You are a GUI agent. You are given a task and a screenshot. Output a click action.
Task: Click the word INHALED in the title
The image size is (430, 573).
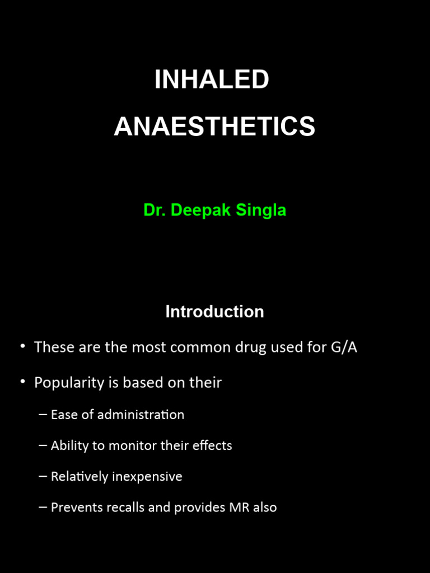(212, 80)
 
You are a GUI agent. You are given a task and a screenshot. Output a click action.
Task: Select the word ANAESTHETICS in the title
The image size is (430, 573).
(214, 126)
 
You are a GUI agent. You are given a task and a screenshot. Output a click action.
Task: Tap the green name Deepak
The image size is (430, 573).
(196, 210)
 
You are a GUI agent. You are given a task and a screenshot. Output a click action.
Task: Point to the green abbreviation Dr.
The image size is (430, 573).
(155, 210)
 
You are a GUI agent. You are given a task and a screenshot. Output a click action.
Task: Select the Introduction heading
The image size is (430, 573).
(214, 312)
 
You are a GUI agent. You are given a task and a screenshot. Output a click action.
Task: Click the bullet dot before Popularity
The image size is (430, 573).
(23, 382)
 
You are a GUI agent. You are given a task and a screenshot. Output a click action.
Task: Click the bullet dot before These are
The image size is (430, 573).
(23, 346)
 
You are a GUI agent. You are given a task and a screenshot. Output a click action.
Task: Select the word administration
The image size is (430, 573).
(144, 415)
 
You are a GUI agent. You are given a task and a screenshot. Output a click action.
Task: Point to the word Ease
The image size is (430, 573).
(63, 415)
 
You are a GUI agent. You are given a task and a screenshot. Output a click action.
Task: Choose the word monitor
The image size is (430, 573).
(118, 446)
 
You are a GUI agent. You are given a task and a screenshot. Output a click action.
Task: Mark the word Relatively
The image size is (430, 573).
(78, 477)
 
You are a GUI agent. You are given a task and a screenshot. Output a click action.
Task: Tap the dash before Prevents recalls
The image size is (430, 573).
(43, 508)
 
